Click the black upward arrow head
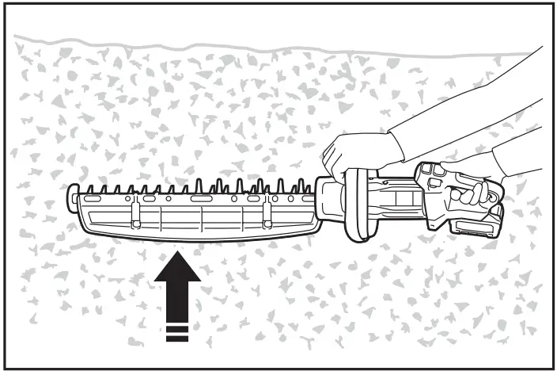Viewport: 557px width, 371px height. [x=179, y=273]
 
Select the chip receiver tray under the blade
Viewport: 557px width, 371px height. [x=198, y=222]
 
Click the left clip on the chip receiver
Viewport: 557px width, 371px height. [x=136, y=214]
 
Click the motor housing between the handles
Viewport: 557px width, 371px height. [x=399, y=202]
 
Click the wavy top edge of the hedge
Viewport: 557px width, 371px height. [x=237, y=47]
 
